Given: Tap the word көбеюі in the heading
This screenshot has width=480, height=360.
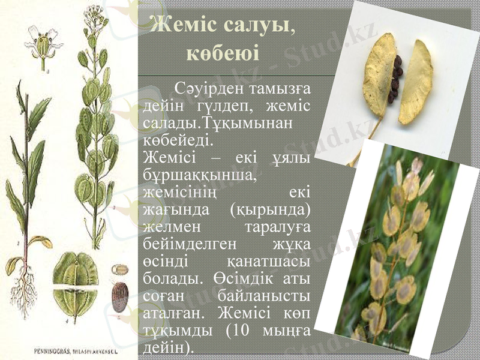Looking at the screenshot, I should pyautogui.click(x=224, y=53).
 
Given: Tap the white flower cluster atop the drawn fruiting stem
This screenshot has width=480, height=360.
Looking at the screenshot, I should pyautogui.click(x=94, y=14).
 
